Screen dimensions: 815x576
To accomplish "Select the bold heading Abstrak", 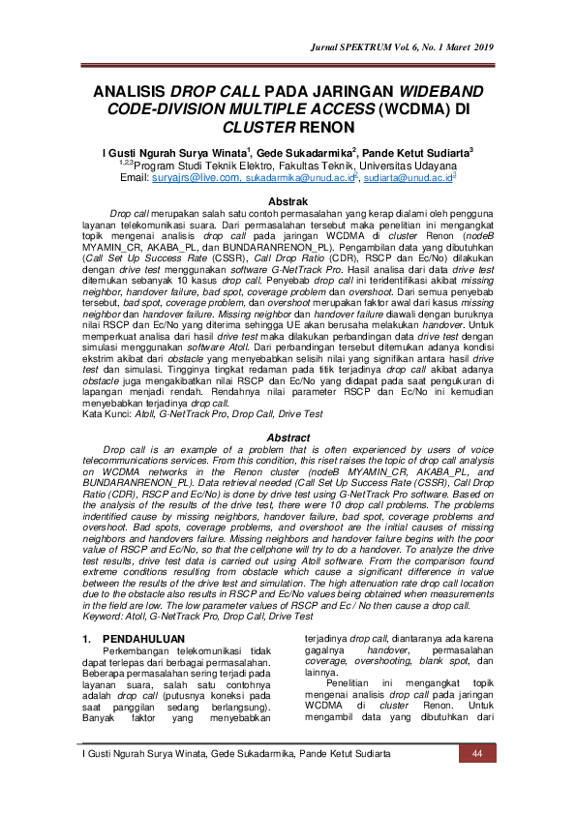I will [288, 200].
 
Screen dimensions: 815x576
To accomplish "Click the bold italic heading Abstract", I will [288, 438].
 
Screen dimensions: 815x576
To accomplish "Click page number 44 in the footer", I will [476, 754].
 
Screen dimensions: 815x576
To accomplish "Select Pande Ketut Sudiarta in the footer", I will [346, 754].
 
